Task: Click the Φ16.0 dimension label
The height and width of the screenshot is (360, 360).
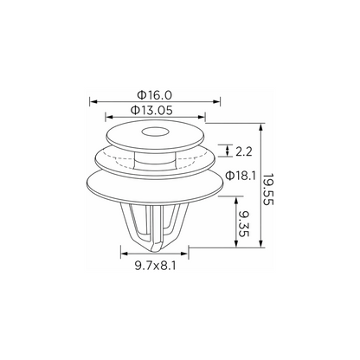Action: (155, 94)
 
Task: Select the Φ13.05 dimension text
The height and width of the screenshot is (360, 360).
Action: (151, 110)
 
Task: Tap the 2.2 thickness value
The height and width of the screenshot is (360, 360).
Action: (244, 151)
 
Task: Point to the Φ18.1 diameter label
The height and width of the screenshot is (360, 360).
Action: (241, 176)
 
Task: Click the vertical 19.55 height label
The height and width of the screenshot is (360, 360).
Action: (267, 190)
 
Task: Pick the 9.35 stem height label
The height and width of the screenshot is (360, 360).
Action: (243, 223)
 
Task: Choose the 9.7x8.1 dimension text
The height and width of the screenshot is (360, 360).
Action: (155, 266)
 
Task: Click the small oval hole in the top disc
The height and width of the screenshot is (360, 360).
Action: (155, 132)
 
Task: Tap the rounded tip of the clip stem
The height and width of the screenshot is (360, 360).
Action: (155, 248)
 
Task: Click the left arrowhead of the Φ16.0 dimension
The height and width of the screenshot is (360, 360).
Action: (93, 101)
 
